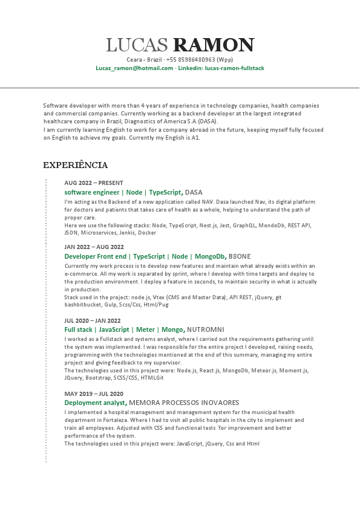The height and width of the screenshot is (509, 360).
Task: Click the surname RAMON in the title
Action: [214, 45]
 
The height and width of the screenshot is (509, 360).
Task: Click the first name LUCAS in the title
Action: [137, 45]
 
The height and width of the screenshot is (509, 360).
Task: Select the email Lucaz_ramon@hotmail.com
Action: [134, 68]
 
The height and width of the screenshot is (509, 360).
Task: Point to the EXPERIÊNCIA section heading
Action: [75, 165]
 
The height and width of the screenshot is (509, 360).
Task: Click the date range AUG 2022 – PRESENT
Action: [94, 183]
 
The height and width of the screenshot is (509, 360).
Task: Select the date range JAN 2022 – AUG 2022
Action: [94, 247]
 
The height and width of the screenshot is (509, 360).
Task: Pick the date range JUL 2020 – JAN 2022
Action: [93, 320]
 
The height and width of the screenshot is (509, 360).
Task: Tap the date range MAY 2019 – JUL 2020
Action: [94, 394]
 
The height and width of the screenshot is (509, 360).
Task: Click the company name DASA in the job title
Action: [194, 192]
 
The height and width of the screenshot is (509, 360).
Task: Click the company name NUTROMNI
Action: [206, 329]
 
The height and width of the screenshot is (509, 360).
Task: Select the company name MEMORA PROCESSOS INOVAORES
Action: [184, 403]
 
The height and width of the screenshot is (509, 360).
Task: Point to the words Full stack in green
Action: [78, 329]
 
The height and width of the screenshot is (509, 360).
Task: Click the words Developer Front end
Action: [96, 256]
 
